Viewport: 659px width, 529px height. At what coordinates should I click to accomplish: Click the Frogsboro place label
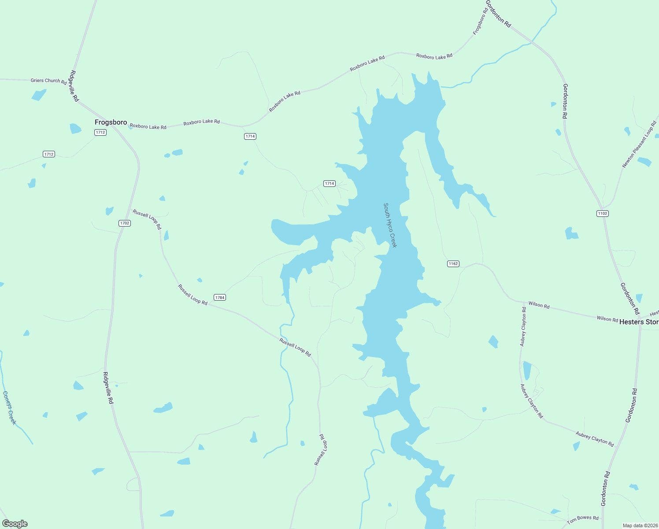111,122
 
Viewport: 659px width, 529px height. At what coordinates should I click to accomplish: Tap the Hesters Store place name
639,322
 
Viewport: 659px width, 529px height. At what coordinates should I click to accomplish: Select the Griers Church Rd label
48,81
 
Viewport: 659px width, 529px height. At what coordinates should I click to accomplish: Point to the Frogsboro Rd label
480,21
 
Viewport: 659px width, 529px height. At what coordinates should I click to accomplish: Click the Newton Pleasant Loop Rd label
639,144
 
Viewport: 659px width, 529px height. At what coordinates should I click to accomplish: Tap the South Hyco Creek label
390,225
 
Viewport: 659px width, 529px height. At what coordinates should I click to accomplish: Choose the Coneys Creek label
9,408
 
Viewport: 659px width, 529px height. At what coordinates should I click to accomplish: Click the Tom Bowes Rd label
582,519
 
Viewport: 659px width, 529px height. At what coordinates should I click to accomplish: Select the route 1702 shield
125,223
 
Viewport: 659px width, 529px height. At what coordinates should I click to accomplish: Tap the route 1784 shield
219,298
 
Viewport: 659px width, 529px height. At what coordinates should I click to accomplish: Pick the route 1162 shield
453,264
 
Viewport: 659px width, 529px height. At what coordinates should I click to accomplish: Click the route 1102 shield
602,213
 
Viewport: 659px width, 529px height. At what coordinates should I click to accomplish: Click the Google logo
15,524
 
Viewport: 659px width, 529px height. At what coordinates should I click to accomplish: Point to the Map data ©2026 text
639,525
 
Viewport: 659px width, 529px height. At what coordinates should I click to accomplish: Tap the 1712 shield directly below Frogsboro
100,132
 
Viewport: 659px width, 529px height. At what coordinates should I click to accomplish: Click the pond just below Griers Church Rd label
39,95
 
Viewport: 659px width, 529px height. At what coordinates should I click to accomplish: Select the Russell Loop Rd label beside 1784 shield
193,294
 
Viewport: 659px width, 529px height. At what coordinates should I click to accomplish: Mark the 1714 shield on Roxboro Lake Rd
250,136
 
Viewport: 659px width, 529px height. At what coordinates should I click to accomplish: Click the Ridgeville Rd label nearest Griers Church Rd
74,86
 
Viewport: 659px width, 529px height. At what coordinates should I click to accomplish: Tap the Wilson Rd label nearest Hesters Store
607,319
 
